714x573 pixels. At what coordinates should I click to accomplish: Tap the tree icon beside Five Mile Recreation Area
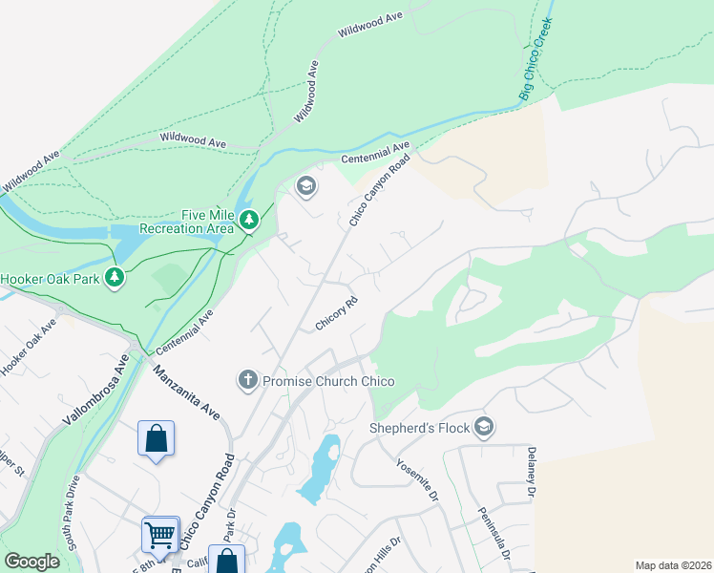pyautogui.click(x=249, y=222)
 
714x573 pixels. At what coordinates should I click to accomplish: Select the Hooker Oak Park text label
pyautogui.click(x=49, y=279)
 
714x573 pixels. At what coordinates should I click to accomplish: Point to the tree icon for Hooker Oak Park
pyautogui.click(x=115, y=278)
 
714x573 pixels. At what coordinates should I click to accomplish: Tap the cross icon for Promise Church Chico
pyautogui.click(x=247, y=381)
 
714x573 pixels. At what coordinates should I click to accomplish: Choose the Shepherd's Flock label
pyautogui.click(x=421, y=426)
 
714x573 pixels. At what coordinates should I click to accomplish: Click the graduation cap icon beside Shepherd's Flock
pyautogui.click(x=485, y=426)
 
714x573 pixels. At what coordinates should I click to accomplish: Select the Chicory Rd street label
pyautogui.click(x=336, y=313)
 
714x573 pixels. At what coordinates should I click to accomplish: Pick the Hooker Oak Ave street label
pyautogui.click(x=29, y=348)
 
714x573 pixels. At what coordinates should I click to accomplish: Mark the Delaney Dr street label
pyautogui.click(x=532, y=469)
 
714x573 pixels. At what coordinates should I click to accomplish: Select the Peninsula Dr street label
pyautogui.click(x=494, y=533)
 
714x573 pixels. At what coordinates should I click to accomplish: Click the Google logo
pyautogui.click(x=31, y=562)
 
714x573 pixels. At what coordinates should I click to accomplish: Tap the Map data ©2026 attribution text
pyautogui.click(x=672, y=565)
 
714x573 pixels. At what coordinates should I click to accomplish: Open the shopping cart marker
pyautogui.click(x=159, y=533)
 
